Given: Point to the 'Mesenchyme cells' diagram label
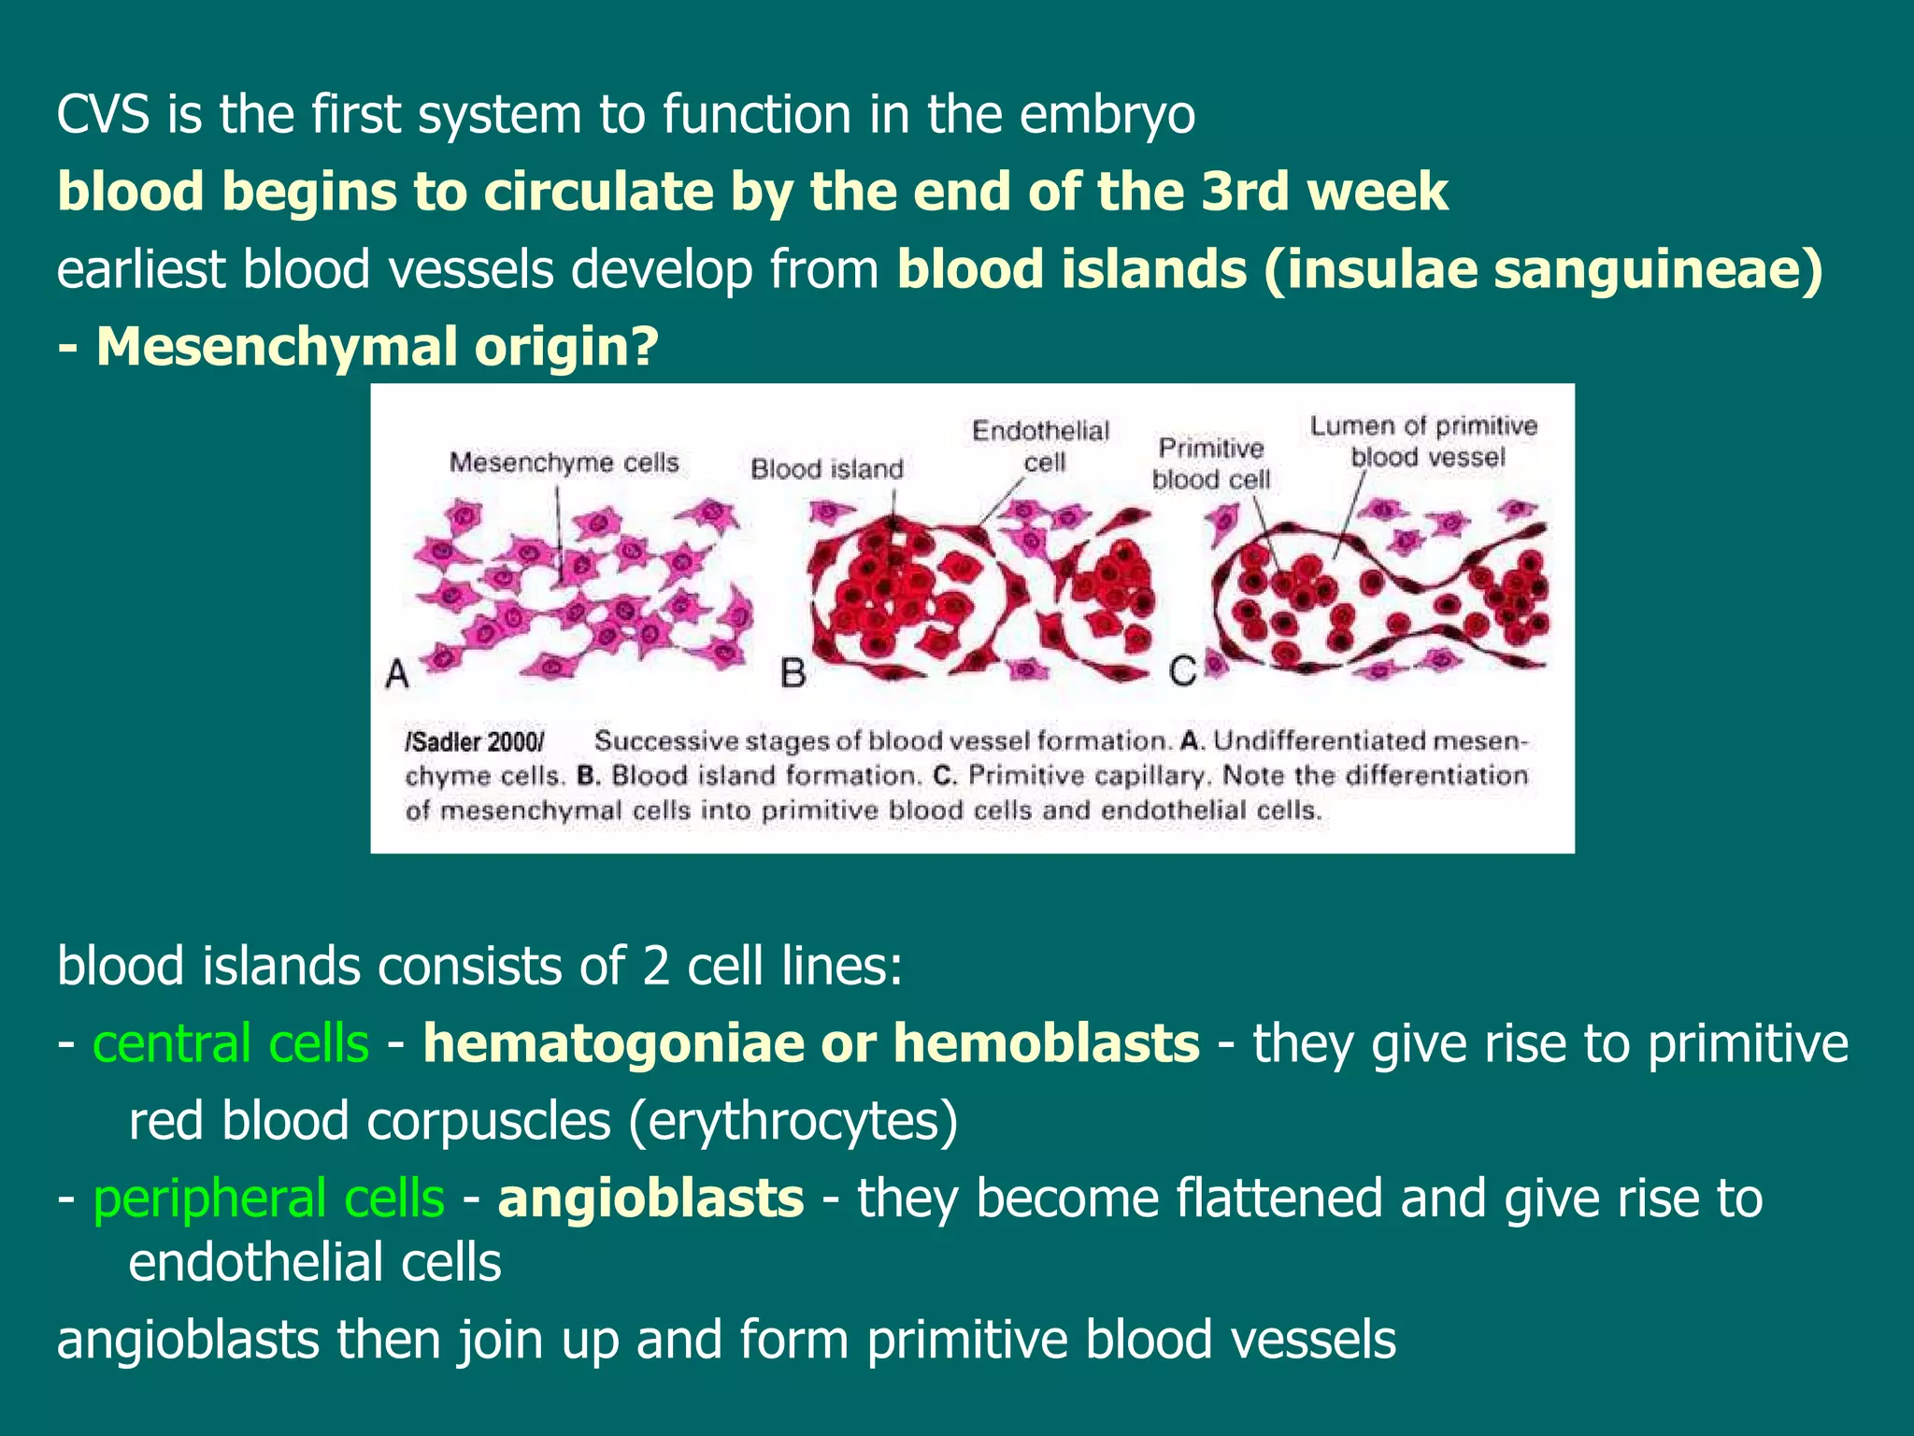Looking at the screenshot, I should [564, 462].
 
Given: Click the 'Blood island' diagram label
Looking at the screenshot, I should [827, 468].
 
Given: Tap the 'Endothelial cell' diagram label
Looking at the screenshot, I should [1040, 446].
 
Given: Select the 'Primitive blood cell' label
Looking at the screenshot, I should [1211, 464].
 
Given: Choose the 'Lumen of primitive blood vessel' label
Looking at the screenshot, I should [1423, 441].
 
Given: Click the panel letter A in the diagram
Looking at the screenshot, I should [397, 673].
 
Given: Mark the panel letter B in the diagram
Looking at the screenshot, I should [793, 673].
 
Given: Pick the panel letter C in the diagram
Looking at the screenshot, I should [1182, 671].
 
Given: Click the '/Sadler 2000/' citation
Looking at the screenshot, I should [475, 742].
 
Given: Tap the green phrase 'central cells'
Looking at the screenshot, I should [231, 1043].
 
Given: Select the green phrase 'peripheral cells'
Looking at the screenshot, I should [268, 1199].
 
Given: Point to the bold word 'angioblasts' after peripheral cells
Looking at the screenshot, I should [650, 1199].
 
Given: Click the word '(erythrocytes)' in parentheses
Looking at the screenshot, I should [793, 1121].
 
